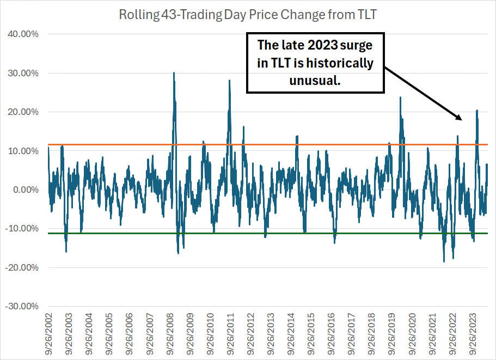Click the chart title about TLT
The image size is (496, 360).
click(x=248, y=15)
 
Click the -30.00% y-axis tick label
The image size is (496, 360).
click(x=22, y=306)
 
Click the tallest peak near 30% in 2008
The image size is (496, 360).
click(x=174, y=73)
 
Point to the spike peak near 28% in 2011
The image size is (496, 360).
click(x=229, y=81)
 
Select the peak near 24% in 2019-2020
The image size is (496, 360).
click(x=401, y=97)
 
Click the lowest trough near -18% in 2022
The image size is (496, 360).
click(x=444, y=261)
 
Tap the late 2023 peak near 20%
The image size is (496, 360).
click(x=477, y=111)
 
